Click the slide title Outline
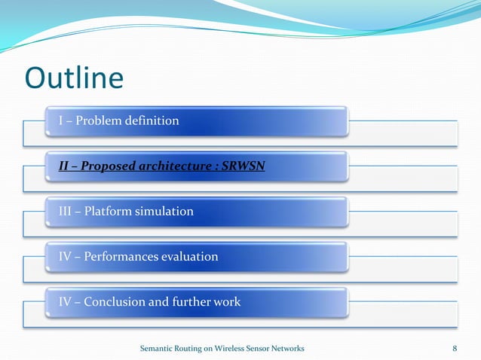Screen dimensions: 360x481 74,78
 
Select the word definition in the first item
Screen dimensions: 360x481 155,121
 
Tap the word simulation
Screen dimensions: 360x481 164,212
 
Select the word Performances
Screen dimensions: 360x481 121,257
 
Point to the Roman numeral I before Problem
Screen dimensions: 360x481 61,121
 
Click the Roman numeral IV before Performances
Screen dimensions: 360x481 66,257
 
